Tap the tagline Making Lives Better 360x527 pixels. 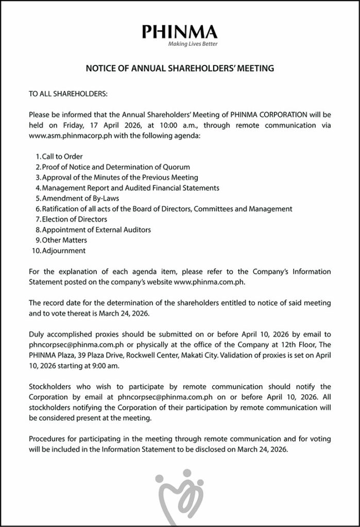point(193,44)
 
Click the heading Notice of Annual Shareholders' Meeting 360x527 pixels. point(180,68)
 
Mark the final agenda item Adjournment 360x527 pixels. point(64,251)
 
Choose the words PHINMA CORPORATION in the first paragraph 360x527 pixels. point(269,115)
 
